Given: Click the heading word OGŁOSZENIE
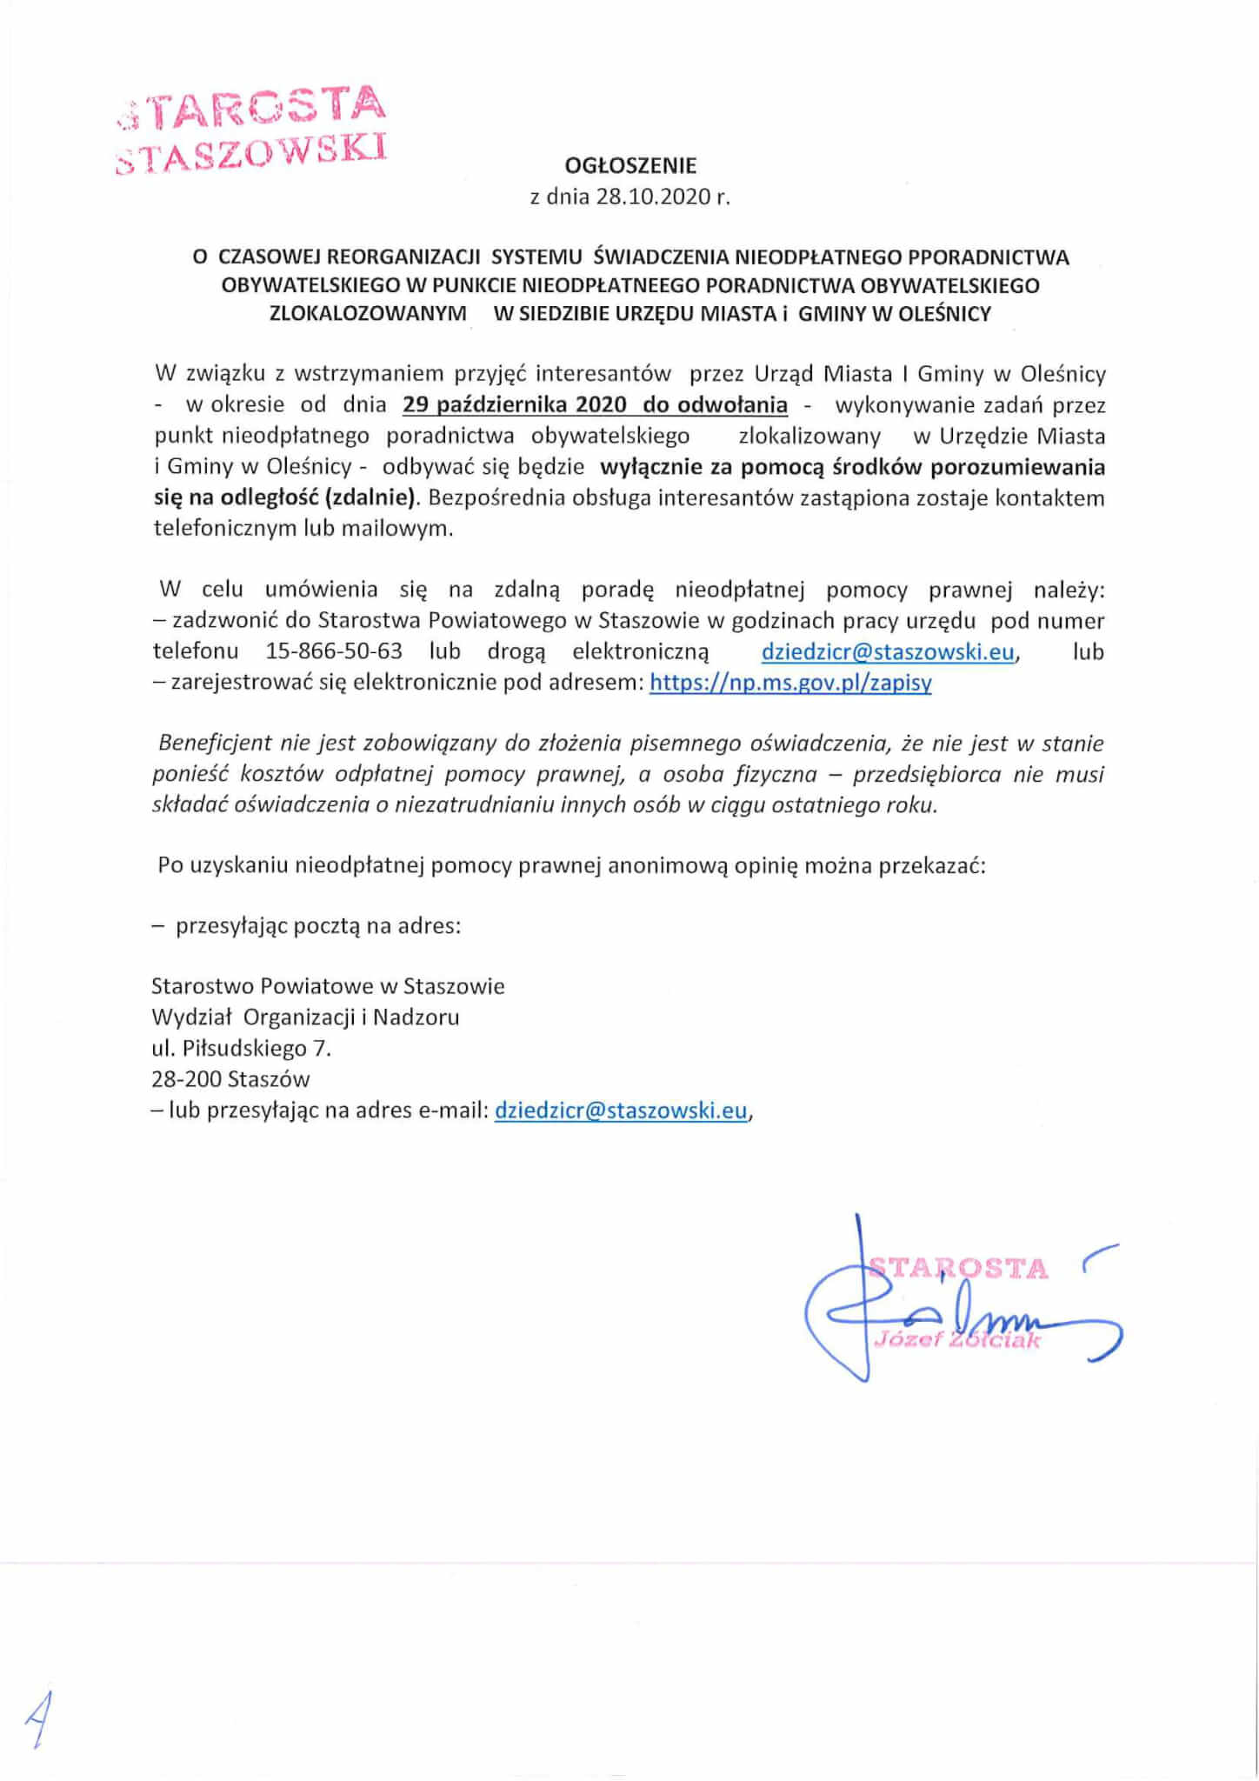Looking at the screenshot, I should (630, 164).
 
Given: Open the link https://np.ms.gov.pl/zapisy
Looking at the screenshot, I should (790, 683).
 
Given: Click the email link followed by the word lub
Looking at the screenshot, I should (887, 651).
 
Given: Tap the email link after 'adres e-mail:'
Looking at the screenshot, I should (621, 1111).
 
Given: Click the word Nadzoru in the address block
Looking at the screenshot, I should (416, 1017).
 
